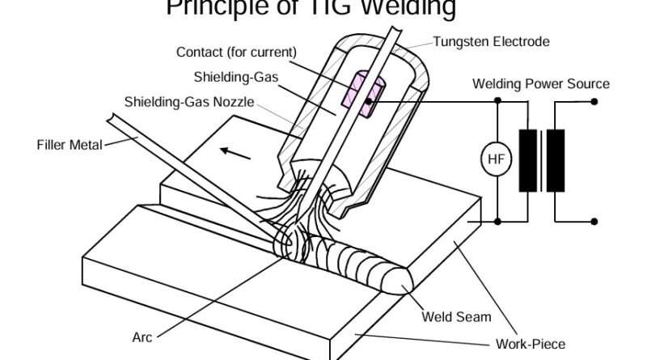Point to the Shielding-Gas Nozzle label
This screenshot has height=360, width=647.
188,102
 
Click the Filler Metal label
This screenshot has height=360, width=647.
70,146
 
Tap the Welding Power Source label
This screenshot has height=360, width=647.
541,84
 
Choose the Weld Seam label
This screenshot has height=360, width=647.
456,317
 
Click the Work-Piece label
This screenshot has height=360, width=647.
531,342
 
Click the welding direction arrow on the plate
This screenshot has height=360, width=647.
235,151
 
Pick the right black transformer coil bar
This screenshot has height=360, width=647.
556,160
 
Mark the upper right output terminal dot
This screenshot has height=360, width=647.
594,101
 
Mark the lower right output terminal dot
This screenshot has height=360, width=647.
594,220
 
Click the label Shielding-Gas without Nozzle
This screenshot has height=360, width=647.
227,78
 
